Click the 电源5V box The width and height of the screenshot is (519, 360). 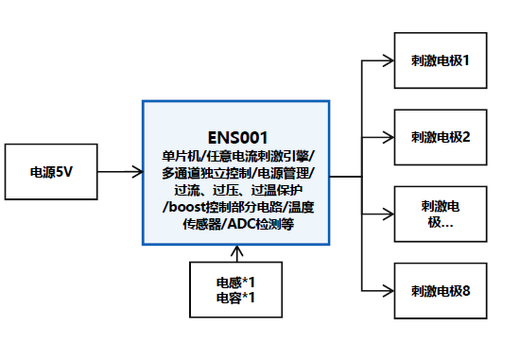pyautogui.click(x=51, y=173)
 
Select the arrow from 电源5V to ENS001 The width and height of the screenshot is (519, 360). pyautogui.click(x=120, y=173)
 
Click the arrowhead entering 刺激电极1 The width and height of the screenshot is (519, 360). pyautogui.click(x=389, y=60)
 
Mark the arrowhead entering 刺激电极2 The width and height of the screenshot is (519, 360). pyautogui.click(x=389, y=136)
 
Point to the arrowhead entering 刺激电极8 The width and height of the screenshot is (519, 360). pyautogui.click(x=389, y=290)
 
